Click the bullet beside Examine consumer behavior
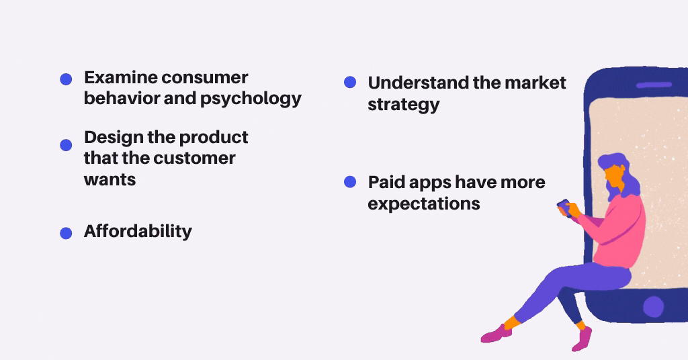(x=66, y=79)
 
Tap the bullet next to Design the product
(x=66, y=145)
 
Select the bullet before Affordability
(x=66, y=233)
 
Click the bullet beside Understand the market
(x=349, y=82)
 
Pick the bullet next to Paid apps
(x=349, y=181)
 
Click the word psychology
(x=251, y=99)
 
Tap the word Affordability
(x=138, y=231)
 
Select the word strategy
(x=404, y=105)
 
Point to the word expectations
(x=424, y=204)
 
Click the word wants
(x=110, y=180)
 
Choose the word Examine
(x=121, y=78)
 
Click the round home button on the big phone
(x=653, y=306)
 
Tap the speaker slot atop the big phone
(x=654, y=85)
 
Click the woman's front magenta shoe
(x=497, y=334)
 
